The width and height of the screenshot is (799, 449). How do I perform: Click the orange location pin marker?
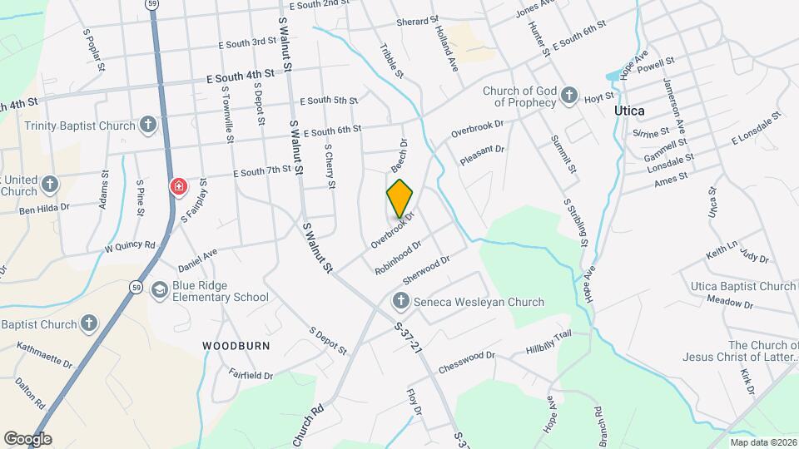tap(400, 198)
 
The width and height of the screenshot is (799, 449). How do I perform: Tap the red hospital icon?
tap(178, 185)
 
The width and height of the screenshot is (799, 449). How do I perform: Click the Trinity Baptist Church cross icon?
tap(148, 126)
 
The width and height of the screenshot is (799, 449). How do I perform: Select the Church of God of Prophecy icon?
tap(569, 96)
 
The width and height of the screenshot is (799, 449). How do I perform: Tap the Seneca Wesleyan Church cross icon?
tap(400, 302)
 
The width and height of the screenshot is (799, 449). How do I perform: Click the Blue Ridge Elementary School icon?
tap(158, 290)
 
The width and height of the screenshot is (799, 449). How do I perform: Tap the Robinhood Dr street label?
tap(399, 259)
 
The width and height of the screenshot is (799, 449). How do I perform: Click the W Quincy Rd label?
tap(130, 247)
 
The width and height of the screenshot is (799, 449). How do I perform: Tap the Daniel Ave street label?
tap(197, 260)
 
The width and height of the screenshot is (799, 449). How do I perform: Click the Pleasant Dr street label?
tap(483, 155)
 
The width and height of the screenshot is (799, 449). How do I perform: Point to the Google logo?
tap(27, 439)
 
